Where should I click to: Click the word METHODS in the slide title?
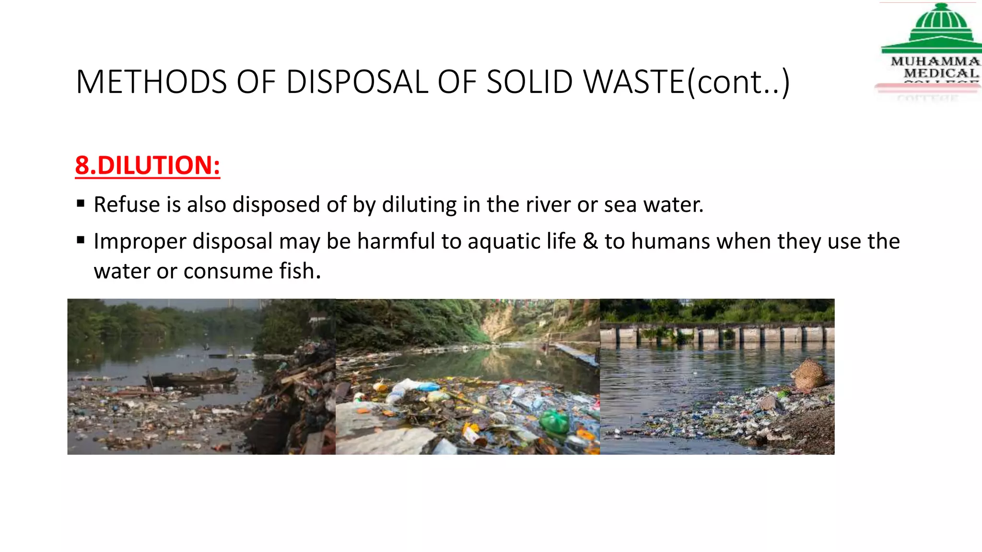[151, 81]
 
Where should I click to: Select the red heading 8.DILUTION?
[147, 165]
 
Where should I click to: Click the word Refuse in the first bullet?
[127, 205]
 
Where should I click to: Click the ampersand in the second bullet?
[590, 241]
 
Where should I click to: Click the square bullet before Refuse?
[81, 204]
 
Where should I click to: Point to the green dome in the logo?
[941, 19]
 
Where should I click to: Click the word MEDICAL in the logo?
[941, 73]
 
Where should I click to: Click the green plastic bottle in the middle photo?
[554, 422]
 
